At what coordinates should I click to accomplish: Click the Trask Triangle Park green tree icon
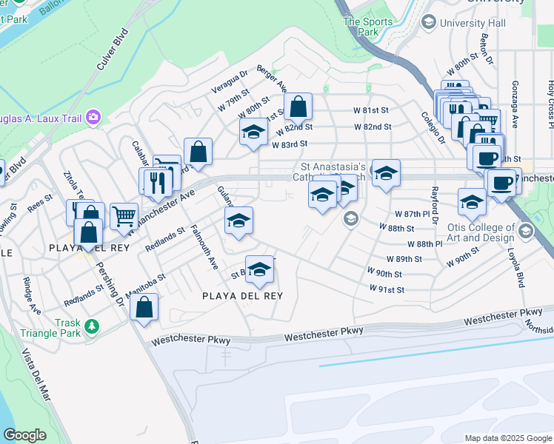coord(91,326)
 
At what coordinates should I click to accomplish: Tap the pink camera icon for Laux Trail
coord(93,116)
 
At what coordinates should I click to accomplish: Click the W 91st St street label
coord(387,289)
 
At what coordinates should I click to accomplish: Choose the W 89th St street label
coord(404,259)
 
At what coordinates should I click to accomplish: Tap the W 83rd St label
coord(289,144)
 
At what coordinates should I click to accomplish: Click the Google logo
coord(24,435)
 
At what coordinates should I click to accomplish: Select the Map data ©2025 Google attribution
coord(507,438)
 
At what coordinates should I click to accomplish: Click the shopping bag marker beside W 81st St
coord(297,107)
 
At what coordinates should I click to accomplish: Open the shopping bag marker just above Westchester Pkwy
coord(144,306)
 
